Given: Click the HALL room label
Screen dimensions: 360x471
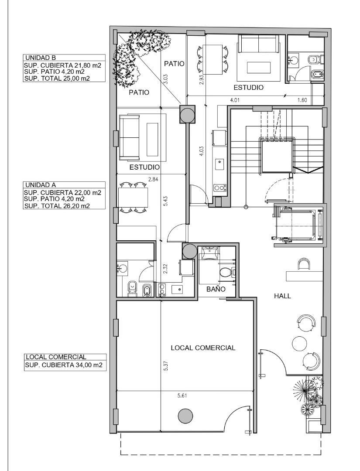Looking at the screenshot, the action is coord(282,296).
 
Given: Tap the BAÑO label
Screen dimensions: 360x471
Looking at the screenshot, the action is coord(216,289).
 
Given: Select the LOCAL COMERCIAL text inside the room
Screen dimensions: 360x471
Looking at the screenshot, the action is coord(203,348).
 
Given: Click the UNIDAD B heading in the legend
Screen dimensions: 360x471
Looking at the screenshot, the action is coord(40,58).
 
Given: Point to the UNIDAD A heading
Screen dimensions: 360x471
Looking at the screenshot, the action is coord(40,185).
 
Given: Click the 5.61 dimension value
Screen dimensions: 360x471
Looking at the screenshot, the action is coord(182,396).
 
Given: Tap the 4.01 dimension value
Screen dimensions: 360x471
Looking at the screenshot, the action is coord(235,100).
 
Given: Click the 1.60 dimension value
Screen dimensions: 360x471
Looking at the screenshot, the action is coord(302,100).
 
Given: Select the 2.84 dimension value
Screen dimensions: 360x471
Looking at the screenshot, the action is coord(153,180).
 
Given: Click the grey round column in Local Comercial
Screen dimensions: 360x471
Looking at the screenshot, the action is coord(185,416).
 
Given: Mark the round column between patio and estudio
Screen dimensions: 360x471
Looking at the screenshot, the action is coord(188,114).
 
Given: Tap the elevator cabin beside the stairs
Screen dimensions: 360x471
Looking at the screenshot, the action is coord(298,225).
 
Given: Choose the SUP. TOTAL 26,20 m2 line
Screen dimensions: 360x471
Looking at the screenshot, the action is coord(57,206).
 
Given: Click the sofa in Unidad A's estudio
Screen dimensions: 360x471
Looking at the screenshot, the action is coord(130,137).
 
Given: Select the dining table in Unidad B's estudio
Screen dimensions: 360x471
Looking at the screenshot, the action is coord(213,59).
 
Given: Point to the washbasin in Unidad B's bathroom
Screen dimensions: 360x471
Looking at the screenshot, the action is coord(293,59).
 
